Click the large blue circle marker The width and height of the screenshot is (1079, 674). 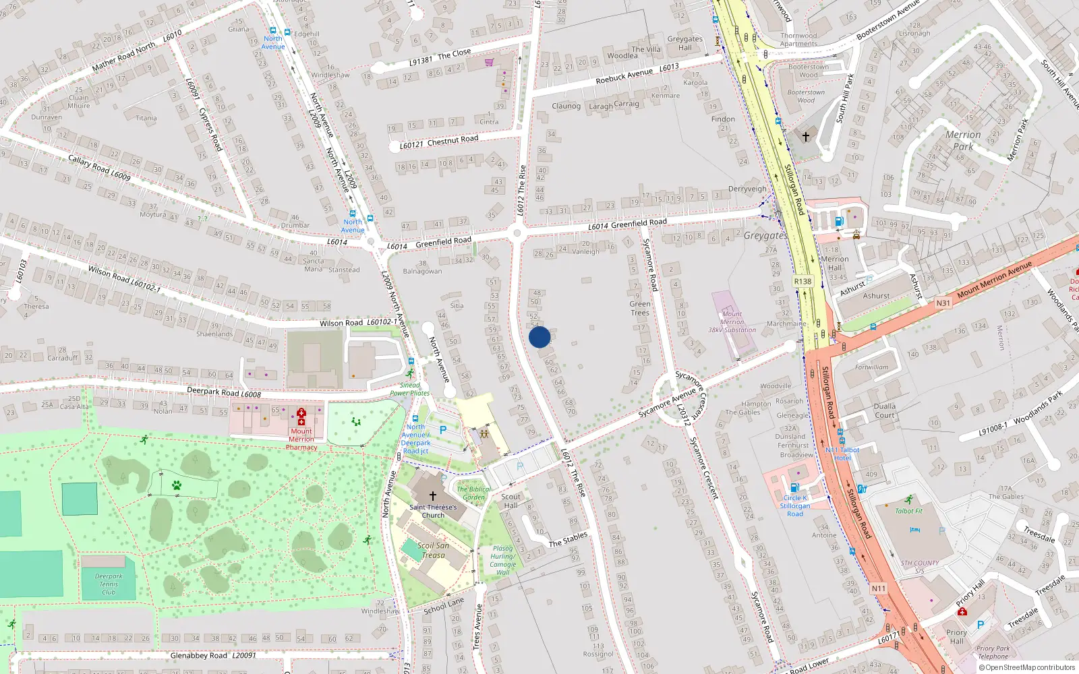tap(539, 337)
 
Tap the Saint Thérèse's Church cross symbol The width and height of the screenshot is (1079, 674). tap(433, 495)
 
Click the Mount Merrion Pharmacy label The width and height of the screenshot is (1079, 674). tap(301, 439)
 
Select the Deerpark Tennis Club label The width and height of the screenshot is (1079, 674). tap(109, 584)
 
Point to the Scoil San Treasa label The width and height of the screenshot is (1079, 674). tap(433, 550)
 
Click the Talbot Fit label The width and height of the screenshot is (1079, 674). tap(908, 511)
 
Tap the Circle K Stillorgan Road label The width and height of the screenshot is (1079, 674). tap(795, 506)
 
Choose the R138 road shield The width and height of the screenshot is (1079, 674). tap(803, 281)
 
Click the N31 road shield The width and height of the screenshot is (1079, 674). tap(943, 303)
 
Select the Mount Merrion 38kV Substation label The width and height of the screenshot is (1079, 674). tap(732, 322)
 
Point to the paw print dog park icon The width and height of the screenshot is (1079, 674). tap(176, 485)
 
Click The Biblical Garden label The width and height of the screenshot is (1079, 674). tap(473, 493)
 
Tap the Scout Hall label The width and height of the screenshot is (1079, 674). tap(511, 501)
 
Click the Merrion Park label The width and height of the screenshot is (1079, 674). tap(963, 140)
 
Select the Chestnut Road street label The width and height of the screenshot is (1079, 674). tap(453, 140)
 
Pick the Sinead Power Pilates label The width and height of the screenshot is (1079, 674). tap(409, 389)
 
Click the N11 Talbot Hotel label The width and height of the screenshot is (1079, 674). tap(842, 454)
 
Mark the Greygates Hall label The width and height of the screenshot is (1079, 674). tap(684, 43)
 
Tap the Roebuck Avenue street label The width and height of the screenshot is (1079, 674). tap(624, 76)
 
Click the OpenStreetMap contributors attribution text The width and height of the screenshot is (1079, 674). tap(1026, 668)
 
